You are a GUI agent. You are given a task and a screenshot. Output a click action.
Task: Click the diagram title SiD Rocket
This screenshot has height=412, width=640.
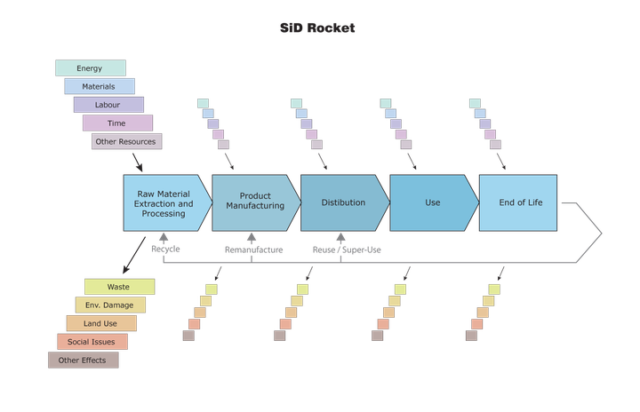pos(318,28)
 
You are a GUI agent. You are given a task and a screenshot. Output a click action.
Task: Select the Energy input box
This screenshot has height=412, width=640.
pos(90,68)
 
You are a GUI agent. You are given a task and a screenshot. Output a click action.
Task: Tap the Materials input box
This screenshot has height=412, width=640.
pos(99,86)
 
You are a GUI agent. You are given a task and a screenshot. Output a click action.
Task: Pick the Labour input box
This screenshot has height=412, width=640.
pos(108,105)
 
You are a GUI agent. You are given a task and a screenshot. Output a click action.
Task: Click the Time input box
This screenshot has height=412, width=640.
pos(117,123)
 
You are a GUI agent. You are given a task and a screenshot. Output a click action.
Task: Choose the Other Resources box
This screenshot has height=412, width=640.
pos(126,141)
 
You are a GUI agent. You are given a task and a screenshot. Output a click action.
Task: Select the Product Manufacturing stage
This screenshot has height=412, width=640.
pos(254,202)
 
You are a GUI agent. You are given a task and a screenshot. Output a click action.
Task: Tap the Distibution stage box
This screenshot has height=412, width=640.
pos(343,202)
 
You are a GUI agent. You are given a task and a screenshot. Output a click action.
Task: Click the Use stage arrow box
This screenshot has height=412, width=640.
pos(432,202)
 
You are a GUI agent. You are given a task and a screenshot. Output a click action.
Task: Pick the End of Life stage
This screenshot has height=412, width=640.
pos(519,202)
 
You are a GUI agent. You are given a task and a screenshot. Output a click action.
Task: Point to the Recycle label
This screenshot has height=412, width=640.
pos(165,250)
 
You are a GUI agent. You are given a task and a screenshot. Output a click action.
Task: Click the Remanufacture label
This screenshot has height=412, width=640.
pos(253,250)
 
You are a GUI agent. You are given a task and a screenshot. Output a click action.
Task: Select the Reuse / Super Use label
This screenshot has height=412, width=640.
pos(347,250)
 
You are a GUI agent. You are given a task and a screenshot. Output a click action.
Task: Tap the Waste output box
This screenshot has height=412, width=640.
pos(119,287)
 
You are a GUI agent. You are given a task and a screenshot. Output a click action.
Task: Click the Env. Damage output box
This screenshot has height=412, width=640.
pos(110,305)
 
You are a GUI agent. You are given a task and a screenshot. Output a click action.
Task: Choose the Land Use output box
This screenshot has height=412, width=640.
pos(100,323)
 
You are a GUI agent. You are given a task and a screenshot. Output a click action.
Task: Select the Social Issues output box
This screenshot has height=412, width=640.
pos(92,342)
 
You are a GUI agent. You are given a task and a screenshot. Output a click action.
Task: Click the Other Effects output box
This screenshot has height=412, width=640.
pos(82,360)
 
